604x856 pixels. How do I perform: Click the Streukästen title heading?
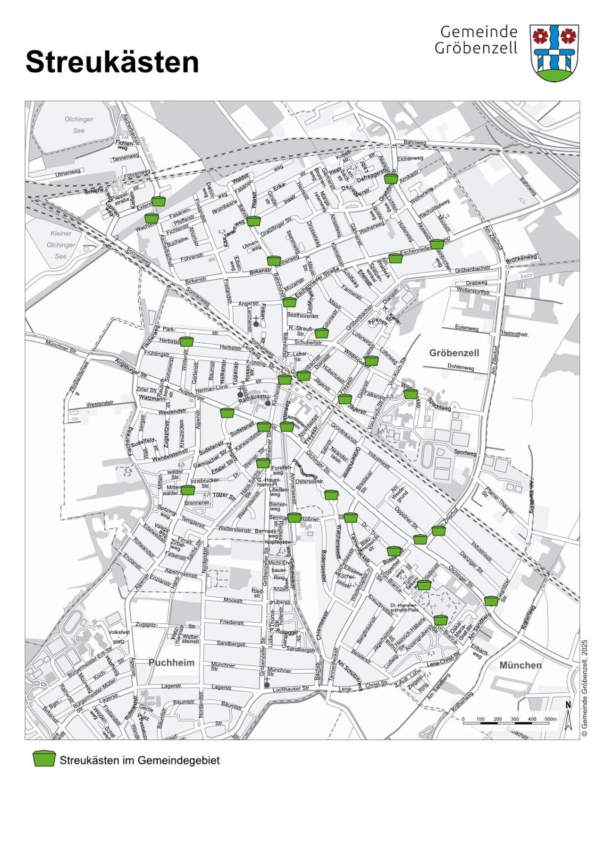tap(112, 62)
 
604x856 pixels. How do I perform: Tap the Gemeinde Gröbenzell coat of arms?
tap(554, 53)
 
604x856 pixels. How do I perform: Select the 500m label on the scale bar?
tap(550, 719)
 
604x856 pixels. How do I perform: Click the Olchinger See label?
tap(79, 125)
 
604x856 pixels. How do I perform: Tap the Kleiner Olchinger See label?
tap(61, 245)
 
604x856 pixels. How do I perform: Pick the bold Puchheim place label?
tap(171, 662)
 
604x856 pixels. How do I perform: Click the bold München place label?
tap(520, 665)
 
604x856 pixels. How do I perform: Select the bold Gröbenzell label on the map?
tap(453, 353)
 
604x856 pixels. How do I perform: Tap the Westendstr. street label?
tap(100, 404)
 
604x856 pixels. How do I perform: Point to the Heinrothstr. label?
tap(515, 333)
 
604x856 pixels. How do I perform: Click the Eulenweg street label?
tap(466, 327)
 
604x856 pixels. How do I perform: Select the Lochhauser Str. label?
tap(291, 689)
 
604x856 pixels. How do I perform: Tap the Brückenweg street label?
tap(521, 259)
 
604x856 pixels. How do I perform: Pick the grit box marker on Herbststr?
tap(187, 341)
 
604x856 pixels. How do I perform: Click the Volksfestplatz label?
tap(119, 636)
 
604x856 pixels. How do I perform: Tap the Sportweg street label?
tap(465, 452)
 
